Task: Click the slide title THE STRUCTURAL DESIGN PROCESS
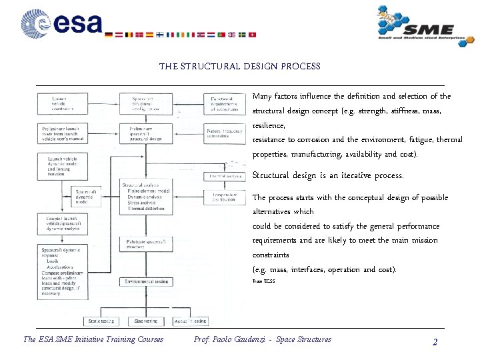click(x=239, y=67)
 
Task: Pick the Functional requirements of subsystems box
click(x=223, y=104)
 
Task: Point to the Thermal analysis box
click(x=225, y=177)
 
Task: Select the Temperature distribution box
click(x=223, y=196)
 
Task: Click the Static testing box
click(x=101, y=321)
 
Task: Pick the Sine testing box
click(x=146, y=321)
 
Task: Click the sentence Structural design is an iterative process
click(x=328, y=176)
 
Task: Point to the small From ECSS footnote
click(x=263, y=282)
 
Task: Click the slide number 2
click(x=435, y=342)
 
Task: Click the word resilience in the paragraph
click(x=268, y=125)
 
